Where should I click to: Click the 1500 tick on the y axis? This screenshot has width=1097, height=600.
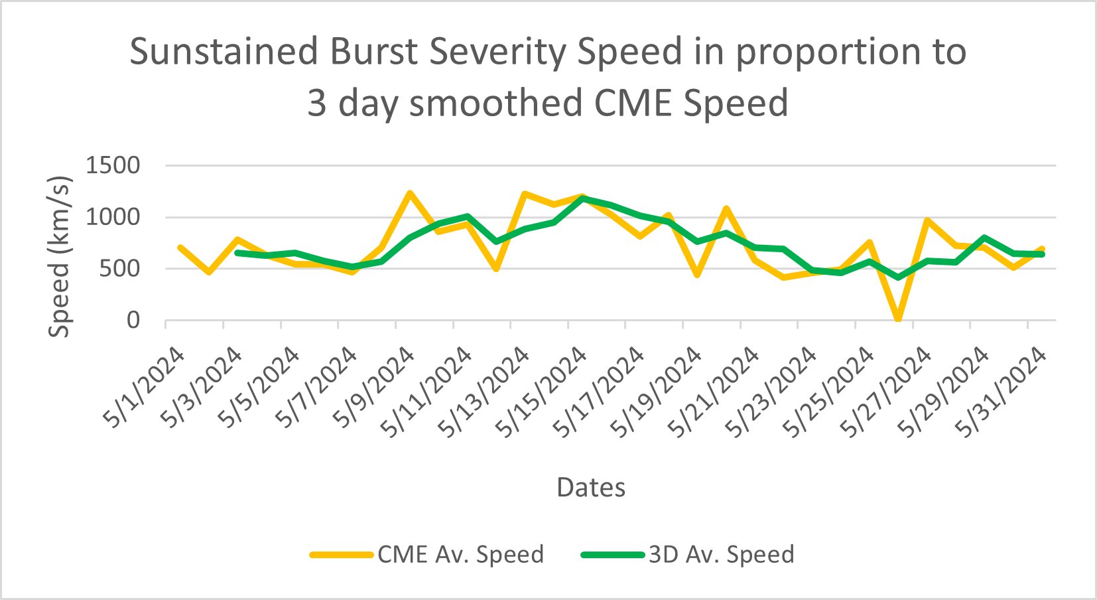pyautogui.click(x=113, y=165)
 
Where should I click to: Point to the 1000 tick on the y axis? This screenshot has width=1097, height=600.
pyautogui.click(x=113, y=217)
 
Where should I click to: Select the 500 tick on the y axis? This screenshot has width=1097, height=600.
pyautogui.click(x=122, y=269)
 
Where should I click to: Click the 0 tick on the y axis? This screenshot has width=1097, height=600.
pyautogui.click(x=133, y=321)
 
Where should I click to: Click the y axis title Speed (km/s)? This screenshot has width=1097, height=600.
pyautogui.click(x=60, y=256)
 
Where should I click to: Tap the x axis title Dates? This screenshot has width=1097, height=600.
pyautogui.click(x=590, y=488)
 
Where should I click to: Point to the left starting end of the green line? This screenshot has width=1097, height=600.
pyautogui.click(x=237, y=253)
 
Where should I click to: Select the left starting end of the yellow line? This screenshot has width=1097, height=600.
pyautogui.click(x=180, y=248)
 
